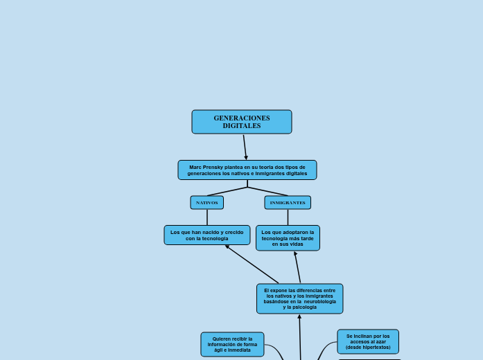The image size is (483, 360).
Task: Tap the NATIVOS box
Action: click(207, 203)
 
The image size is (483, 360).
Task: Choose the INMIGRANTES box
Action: click(288, 203)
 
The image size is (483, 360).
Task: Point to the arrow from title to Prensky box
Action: click(245, 147)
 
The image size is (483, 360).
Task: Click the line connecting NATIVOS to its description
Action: click(207, 217)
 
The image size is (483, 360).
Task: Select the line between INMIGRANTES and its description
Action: click(288, 217)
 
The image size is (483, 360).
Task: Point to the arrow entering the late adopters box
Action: click(298, 267)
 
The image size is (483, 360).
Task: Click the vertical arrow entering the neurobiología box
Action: click(300, 336)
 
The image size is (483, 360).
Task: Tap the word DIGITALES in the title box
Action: click(242, 126)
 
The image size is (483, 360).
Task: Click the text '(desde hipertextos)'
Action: click(368, 348)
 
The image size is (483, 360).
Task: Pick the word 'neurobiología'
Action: click(319, 301)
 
